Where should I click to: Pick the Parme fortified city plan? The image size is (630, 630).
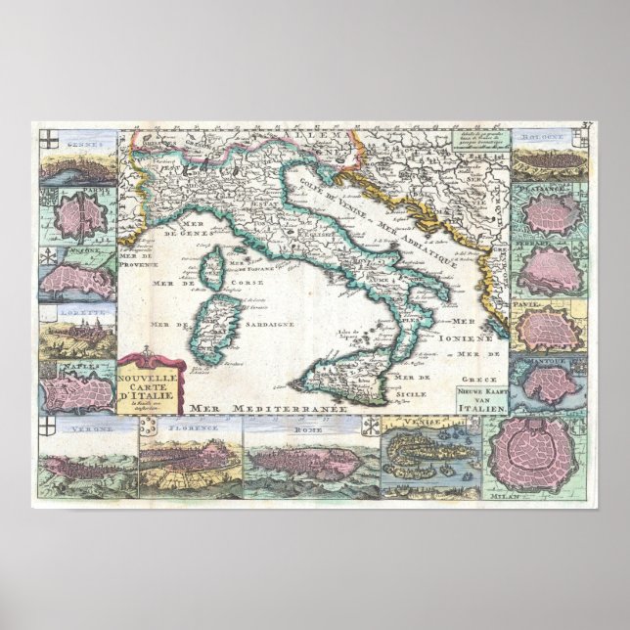[78, 215]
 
